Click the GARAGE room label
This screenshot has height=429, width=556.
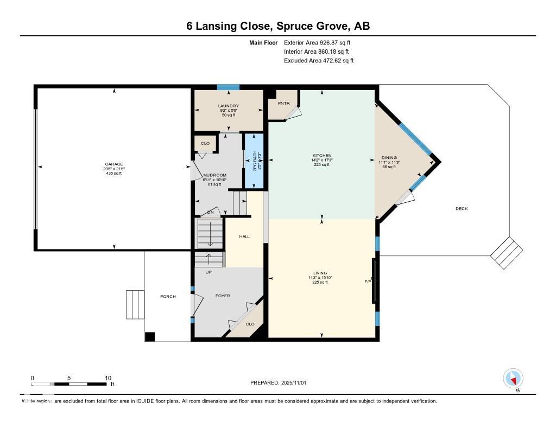(114, 164)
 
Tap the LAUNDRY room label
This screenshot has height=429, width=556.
(229, 106)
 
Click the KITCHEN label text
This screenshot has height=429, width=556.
(323, 156)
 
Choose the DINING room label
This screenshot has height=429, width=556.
(389, 157)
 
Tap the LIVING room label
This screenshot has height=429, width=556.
(320, 273)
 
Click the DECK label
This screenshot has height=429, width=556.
(462, 209)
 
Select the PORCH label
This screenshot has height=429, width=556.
(168, 296)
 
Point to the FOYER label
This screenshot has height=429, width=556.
(223, 296)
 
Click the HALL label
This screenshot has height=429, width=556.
(244, 236)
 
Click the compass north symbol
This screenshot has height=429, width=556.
(513, 378)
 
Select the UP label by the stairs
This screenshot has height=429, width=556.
(208, 272)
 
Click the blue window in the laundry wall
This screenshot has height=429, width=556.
(228, 87)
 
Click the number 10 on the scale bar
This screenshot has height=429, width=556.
(108, 378)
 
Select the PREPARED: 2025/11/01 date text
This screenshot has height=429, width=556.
(282, 383)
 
